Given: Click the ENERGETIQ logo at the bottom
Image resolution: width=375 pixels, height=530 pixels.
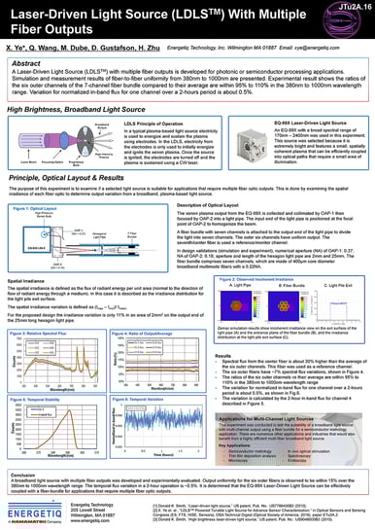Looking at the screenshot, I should point(35,512).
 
